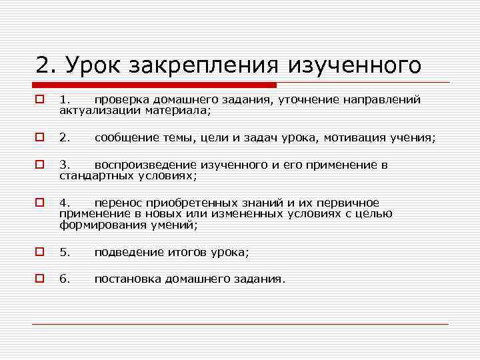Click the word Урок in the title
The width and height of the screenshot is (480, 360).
90,66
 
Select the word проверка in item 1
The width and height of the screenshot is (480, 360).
124,100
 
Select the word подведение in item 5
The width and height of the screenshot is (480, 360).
127,252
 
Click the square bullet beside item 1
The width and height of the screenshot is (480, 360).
40,100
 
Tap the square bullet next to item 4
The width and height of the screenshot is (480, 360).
40,203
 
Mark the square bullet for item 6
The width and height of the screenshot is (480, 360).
40,279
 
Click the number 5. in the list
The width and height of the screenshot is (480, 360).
65,252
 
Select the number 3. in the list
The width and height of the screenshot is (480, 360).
65,165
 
